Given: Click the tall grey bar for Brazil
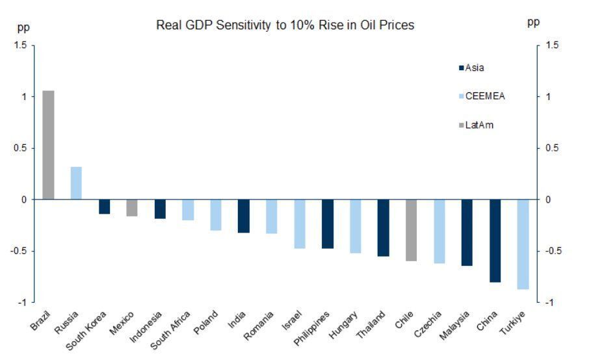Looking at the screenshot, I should pos(48,145).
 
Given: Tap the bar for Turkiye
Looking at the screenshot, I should pos(523,244).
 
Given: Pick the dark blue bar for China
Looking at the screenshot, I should pos(495,240).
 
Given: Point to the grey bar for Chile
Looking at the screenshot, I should pos(411,230).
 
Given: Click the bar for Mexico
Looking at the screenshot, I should pos(132,207).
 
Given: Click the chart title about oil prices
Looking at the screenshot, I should pos(285,25).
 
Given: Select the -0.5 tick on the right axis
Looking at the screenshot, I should pos(553,251).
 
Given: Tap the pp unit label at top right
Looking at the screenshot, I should pos(533,23).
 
